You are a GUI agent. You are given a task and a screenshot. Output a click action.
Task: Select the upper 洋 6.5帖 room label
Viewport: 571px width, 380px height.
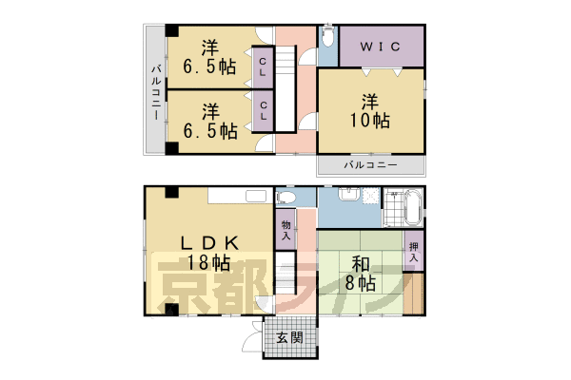coord(210,57)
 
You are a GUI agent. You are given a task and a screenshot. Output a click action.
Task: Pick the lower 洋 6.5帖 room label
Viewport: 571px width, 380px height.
coord(210,121)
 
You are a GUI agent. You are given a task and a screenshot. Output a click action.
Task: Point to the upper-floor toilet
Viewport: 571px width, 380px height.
coord(326,37)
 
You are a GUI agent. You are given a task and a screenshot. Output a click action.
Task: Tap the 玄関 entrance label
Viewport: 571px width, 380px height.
coord(289,338)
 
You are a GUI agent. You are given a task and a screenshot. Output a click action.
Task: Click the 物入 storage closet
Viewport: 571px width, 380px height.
coord(285,228)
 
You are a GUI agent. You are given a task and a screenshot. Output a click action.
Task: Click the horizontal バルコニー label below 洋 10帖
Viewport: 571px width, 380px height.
coord(370,165)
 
